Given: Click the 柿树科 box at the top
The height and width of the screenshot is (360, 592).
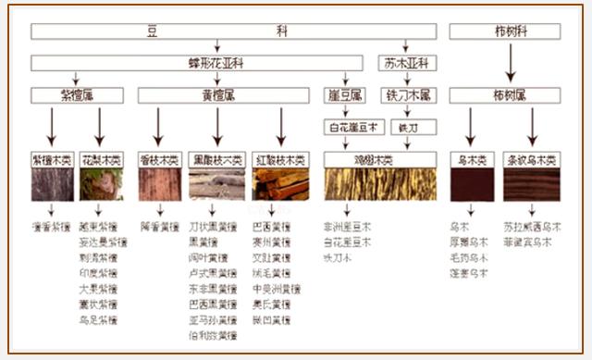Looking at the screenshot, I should [504, 31].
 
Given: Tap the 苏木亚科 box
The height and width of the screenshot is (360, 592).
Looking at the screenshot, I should [406, 64].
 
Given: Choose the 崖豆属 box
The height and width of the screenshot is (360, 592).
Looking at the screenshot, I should [346, 95].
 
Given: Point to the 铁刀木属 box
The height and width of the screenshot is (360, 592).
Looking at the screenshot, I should [410, 95].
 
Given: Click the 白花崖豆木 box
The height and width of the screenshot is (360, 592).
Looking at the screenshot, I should [346, 127].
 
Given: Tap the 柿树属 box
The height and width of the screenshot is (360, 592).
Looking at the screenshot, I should [504, 95].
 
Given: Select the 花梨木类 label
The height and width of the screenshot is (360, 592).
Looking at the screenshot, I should [101, 159].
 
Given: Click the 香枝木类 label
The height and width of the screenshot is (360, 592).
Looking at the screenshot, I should [158, 159].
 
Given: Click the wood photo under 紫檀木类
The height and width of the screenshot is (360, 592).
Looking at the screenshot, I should [52, 184].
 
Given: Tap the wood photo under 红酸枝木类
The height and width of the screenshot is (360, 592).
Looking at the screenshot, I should [280, 184].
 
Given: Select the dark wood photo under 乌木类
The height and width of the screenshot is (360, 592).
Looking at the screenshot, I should [471, 184].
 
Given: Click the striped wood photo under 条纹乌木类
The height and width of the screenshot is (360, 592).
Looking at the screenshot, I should [532, 184].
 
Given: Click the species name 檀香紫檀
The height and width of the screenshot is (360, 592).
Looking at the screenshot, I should [52, 225].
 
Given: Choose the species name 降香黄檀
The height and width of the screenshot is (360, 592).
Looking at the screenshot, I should [158, 225].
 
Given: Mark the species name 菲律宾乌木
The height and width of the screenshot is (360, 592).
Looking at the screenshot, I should [528, 242].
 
